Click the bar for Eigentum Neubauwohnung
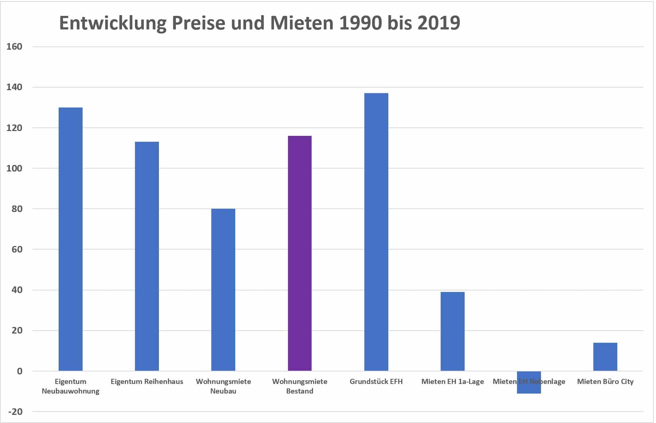click(70, 239)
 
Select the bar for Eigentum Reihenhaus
click(147, 256)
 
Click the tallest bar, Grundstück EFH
click(376, 232)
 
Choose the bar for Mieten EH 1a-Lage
click(452, 331)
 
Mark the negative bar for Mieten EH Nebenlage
click(529, 389)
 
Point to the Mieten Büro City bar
click(605, 357)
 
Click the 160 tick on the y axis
click(14, 47)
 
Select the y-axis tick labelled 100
click(14, 168)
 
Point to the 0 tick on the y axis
click(20, 371)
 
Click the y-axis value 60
click(17, 249)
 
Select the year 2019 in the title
click(439, 23)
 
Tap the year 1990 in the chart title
click(360, 23)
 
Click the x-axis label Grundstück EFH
click(376, 381)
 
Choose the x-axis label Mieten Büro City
click(605, 381)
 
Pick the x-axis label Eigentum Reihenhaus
click(147, 381)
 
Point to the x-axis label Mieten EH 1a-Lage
click(452, 381)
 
